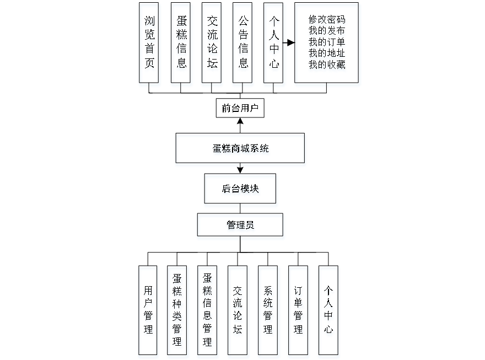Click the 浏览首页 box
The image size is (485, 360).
coord(150,45)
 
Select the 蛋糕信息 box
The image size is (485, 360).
coord(181,45)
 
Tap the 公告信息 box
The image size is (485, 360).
coord(243,45)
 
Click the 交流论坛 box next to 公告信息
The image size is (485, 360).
coord(212,45)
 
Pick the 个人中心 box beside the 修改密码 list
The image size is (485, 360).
coord(274,45)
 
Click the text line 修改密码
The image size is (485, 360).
coord(327,20)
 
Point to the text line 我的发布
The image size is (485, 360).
coord(327,31)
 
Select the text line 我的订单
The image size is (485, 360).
coord(327,42)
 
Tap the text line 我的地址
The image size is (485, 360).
coord(327,53)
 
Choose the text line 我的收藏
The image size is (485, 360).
coord(327,65)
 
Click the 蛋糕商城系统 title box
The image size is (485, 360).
coord(240,149)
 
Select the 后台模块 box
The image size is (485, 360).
coord(241,190)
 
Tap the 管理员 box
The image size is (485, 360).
coord(241,227)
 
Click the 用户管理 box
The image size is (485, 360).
coord(148,311)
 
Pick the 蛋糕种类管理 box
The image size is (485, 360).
coord(178,311)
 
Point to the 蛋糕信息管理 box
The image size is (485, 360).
coord(208,311)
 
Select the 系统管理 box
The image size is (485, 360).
coord(268,311)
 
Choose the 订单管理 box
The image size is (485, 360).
coord(299,311)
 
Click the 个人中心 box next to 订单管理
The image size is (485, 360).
coord(329,311)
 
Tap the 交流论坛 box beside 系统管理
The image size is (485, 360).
coord(238,311)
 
